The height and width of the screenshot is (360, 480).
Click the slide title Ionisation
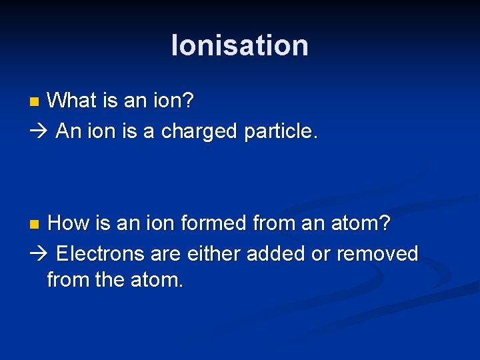pos(240,45)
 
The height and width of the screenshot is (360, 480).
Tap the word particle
pos(279,131)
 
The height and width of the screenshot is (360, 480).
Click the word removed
pos(377,253)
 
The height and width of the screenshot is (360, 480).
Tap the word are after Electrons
pos(166,253)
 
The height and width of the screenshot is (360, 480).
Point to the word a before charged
pos(147,131)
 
